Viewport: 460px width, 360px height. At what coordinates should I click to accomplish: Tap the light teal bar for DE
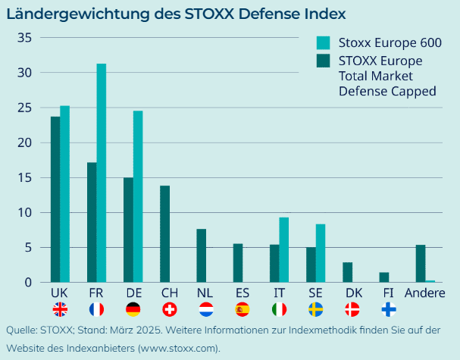click(x=138, y=196)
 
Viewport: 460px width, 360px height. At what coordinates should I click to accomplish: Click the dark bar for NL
click(x=201, y=255)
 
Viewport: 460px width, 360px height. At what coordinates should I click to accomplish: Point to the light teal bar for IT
click(x=283, y=249)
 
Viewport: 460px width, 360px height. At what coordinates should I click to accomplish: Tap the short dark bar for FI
click(x=383, y=277)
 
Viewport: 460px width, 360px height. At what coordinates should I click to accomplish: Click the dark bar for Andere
click(x=421, y=263)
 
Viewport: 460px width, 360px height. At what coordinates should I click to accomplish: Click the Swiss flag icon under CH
click(x=170, y=309)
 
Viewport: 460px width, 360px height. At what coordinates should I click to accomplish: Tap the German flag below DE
click(x=133, y=309)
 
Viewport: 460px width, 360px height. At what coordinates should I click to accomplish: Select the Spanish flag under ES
click(x=243, y=309)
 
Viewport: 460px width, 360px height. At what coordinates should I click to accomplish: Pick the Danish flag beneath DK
click(x=352, y=309)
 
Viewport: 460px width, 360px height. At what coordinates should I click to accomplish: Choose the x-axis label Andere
click(x=425, y=293)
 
